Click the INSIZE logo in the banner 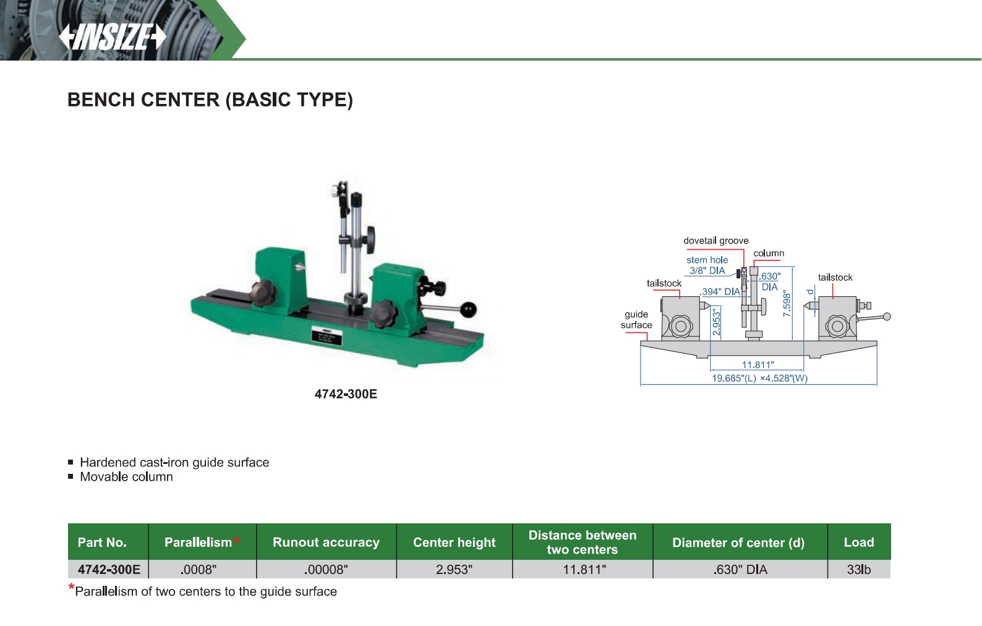[113, 36]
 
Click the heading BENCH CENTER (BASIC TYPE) [210, 100]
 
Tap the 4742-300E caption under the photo [346, 394]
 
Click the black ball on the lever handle [468, 309]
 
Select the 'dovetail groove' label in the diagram [715, 241]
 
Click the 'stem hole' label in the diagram [707, 260]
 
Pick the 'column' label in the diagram [769, 253]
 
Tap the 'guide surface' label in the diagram [636, 319]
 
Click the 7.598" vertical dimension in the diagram [787, 304]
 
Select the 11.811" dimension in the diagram [758, 365]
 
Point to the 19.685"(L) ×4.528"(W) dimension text [759, 378]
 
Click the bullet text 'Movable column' [126, 477]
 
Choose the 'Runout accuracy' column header [326, 542]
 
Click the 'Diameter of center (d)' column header [738, 542]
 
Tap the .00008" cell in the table [326, 570]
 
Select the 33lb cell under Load [858, 570]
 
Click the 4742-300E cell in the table [109, 570]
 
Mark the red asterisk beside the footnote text [71, 588]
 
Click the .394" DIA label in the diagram [720, 291]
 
